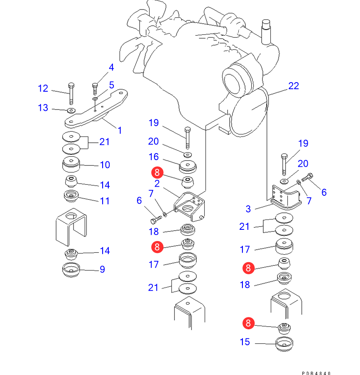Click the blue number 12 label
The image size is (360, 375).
click(43, 88)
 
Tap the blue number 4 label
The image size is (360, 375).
click(111, 67)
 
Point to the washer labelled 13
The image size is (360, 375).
click(71, 110)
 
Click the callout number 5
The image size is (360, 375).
click(111, 85)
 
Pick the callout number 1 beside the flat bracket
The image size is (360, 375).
click(120, 130)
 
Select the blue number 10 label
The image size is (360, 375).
click(105, 165)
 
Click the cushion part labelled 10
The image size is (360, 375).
click(71, 165)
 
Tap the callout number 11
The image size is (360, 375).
click(105, 201)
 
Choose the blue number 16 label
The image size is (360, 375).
click(154, 156)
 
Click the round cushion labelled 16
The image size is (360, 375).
click(187, 167)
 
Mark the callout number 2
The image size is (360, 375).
click(157, 183)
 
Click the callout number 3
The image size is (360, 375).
click(248, 209)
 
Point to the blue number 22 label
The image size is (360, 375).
click(294, 86)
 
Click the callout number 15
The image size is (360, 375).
click(245, 342)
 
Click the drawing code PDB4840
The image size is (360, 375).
click(316, 373)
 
